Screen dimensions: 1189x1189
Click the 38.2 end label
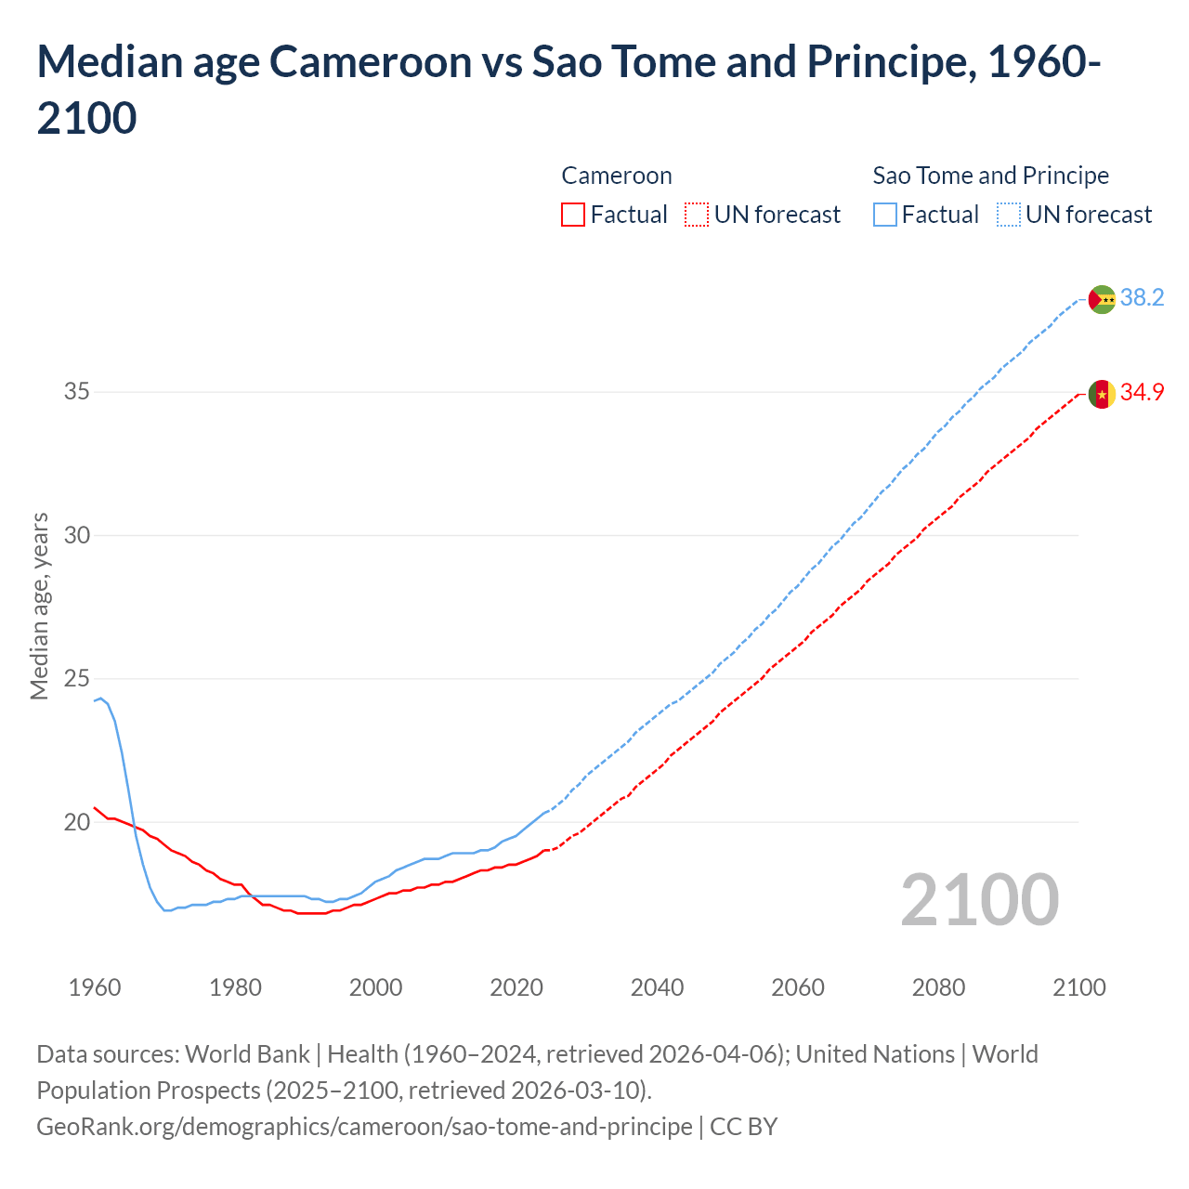(x=1142, y=297)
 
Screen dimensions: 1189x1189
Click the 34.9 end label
(x=1142, y=392)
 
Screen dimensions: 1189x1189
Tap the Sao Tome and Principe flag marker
(x=1102, y=299)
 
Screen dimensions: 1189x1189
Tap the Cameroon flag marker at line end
(x=1102, y=394)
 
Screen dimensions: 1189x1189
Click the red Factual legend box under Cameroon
(x=573, y=215)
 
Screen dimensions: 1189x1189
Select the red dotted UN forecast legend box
(x=697, y=215)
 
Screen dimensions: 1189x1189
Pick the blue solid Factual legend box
(x=885, y=215)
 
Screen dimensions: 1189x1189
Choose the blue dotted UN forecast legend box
(x=1009, y=215)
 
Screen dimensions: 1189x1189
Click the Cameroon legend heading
(x=617, y=176)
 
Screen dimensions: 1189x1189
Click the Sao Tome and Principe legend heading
(x=991, y=176)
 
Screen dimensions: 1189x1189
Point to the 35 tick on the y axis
(x=77, y=391)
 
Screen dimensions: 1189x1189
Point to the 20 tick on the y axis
(x=77, y=822)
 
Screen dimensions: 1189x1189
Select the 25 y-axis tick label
(x=77, y=679)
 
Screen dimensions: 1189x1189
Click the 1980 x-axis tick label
(x=235, y=987)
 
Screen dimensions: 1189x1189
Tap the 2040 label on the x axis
(x=657, y=987)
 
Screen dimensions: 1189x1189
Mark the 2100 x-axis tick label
(x=1079, y=987)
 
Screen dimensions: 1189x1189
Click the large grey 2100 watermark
(x=979, y=900)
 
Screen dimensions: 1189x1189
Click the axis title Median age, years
(x=39, y=606)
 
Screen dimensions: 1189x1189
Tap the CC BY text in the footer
(x=743, y=1127)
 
